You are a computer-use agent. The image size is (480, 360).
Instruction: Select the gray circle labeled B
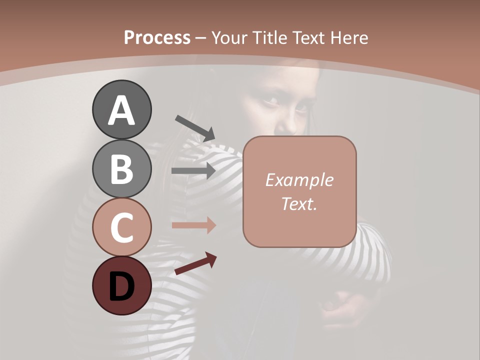pyautogui.click(x=121, y=168)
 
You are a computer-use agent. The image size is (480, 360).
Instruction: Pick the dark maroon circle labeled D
pyautogui.click(x=121, y=285)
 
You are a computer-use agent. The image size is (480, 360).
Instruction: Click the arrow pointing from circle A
pyautogui.click(x=194, y=127)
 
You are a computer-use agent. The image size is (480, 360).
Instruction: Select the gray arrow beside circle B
pyautogui.click(x=193, y=170)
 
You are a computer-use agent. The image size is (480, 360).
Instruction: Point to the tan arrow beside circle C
pyautogui.click(x=193, y=225)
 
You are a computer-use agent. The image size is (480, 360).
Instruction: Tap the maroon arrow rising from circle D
pyautogui.click(x=195, y=263)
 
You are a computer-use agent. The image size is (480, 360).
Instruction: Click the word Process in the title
pyautogui.click(x=157, y=37)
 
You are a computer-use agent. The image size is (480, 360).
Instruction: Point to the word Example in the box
pyautogui.click(x=299, y=180)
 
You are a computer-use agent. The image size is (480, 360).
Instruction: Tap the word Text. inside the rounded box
pyautogui.click(x=299, y=203)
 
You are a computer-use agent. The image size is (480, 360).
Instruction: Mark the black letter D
pyautogui.click(x=121, y=287)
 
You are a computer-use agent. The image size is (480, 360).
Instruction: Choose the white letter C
pyautogui.click(x=121, y=227)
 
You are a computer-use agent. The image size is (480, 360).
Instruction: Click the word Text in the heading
pyautogui.click(x=308, y=37)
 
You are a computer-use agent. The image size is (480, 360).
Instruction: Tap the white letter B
pyautogui.click(x=121, y=169)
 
